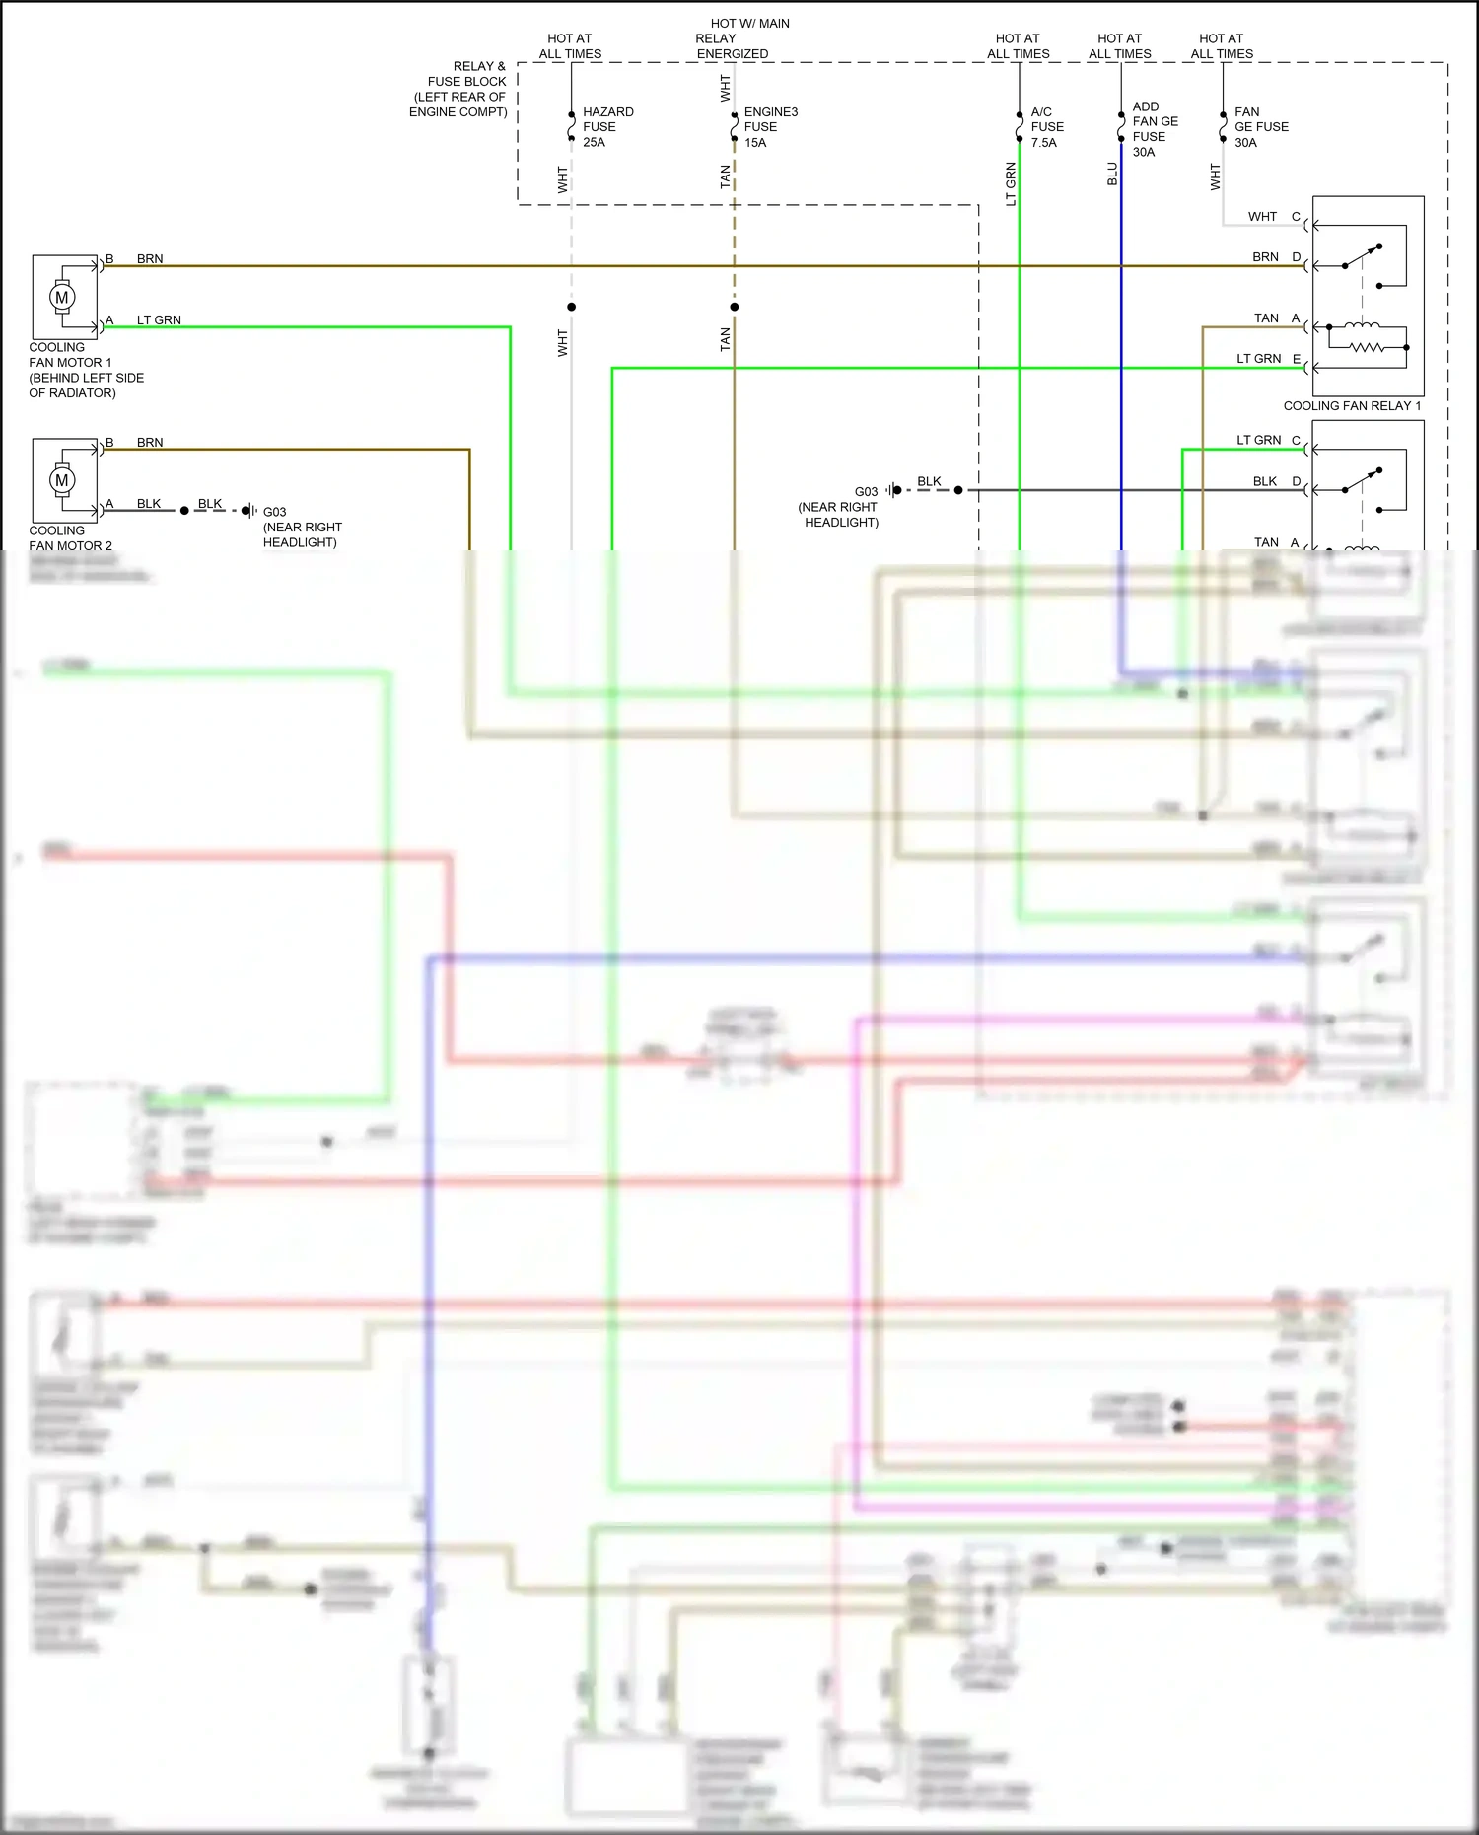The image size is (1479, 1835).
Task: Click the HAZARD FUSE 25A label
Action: [x=606, y=127]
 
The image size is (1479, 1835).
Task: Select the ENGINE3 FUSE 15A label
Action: [x=769, y=127]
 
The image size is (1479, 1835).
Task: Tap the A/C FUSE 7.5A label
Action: [x=1046, y=127]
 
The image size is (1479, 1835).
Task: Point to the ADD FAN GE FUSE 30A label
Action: [x=1155, y=129]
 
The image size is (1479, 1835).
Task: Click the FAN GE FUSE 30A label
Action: [x=1260, y=127]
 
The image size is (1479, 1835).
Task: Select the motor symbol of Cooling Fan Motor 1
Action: [x=62, y=297]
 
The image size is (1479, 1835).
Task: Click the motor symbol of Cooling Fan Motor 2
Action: [x=62, y=480]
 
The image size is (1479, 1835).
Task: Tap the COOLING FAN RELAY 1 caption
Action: [x=1352, y=406]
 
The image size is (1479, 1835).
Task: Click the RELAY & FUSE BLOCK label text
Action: [x=459, y=89]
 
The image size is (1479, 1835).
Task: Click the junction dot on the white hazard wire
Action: [x=571, y=307]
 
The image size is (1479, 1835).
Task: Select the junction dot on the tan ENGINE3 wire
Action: [x=735, y=307]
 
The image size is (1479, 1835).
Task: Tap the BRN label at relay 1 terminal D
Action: [x=1265, y=257]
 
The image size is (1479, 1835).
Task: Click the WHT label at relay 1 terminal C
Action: [x=1261, y=217]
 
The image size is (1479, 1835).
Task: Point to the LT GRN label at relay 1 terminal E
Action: [x=1258, y=359]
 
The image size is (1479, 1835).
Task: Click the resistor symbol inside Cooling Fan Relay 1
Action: [x=1367, y=347]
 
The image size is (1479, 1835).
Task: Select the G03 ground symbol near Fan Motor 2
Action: [x=249, y=511]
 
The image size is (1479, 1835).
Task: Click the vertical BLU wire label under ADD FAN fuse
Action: [x=1112, y=175]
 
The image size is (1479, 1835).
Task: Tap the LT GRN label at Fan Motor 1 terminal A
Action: [x=159, y=320]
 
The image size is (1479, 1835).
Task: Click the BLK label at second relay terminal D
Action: [x=1264, y=482]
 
